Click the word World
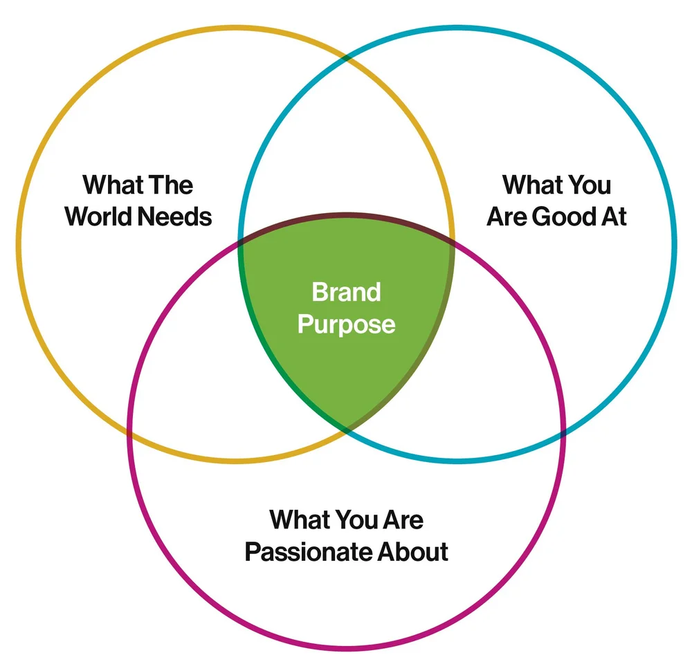99,217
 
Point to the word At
613,217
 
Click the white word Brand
346,292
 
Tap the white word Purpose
346,324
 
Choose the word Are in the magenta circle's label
404,519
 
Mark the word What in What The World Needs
113,185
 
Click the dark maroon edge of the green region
346,221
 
